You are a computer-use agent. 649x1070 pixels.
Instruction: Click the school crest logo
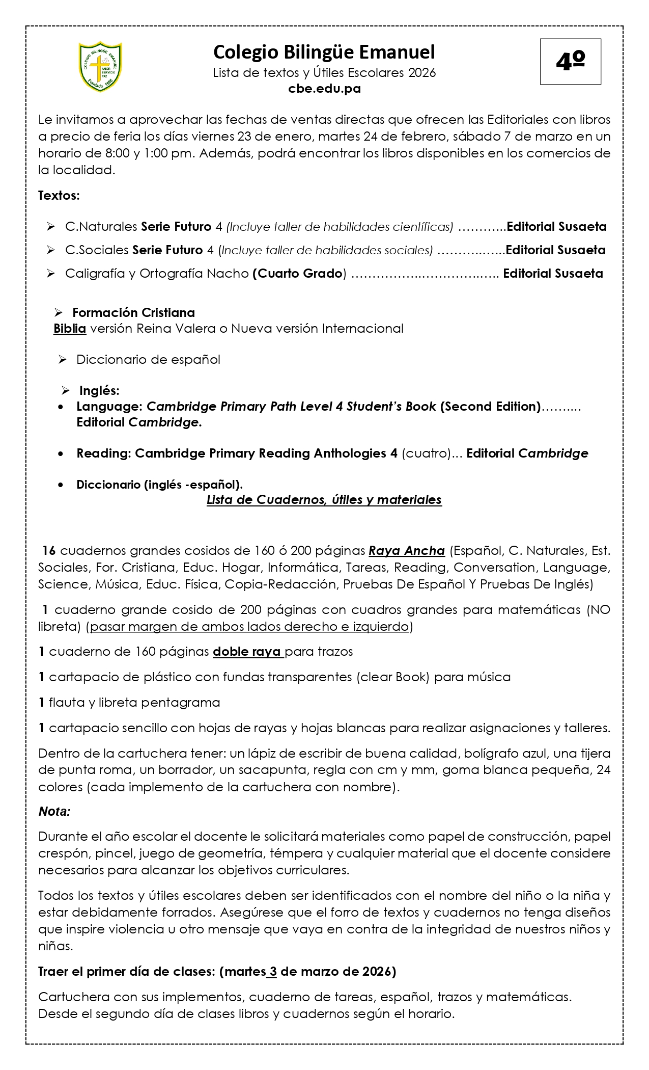pos(100,67)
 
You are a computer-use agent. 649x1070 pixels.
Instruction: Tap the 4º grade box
pos(570,62)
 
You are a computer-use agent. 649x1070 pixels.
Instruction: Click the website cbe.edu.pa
pos(324,89)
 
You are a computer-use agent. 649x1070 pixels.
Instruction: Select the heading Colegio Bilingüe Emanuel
pos(324,52)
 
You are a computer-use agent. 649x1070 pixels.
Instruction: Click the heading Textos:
pos(59,196)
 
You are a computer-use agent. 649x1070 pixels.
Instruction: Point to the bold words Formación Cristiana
pos(133,312)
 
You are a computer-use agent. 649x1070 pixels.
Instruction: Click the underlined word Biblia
pos(70,329)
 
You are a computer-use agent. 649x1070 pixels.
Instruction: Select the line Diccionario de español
pos(148,360)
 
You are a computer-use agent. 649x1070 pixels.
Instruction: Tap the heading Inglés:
pos(99,391)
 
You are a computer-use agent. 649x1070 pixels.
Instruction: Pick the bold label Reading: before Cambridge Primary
pos(104,453)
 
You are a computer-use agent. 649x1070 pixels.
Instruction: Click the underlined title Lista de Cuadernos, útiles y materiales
pos(324,500)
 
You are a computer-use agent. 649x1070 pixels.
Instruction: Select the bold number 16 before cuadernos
pos(49,551)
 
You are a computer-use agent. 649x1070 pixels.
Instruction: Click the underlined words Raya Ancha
pos(407,551)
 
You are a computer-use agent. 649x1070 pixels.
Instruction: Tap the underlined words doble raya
pos(247,652)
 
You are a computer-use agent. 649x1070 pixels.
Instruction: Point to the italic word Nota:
pos(54,812)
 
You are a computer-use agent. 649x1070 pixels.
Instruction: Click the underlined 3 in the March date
pos(273,972)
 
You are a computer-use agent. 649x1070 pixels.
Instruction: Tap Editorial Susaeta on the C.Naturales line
pos(556,227)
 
